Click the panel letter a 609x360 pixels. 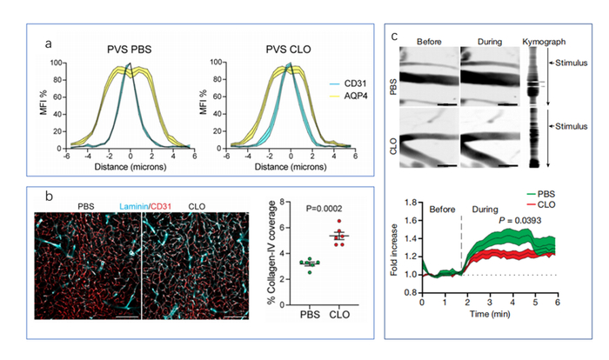tap(58, 40)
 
